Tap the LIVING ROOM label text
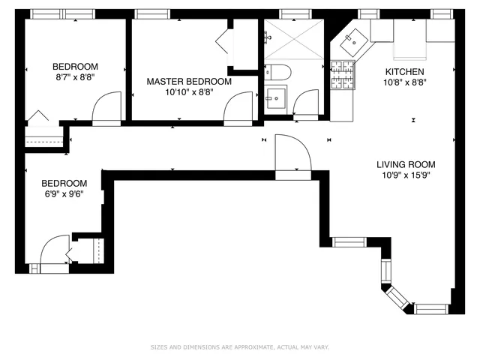point(406,165)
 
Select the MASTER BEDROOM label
point(189,82)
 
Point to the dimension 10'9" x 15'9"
point(406,176)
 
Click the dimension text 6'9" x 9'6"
point(64,193)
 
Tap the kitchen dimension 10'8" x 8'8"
point(384,82)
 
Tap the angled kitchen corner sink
point(350,43)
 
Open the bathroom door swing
point(306,103)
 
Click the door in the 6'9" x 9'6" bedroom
point(54,250)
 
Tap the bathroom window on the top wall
point(290,13)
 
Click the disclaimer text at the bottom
point(239,348)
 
